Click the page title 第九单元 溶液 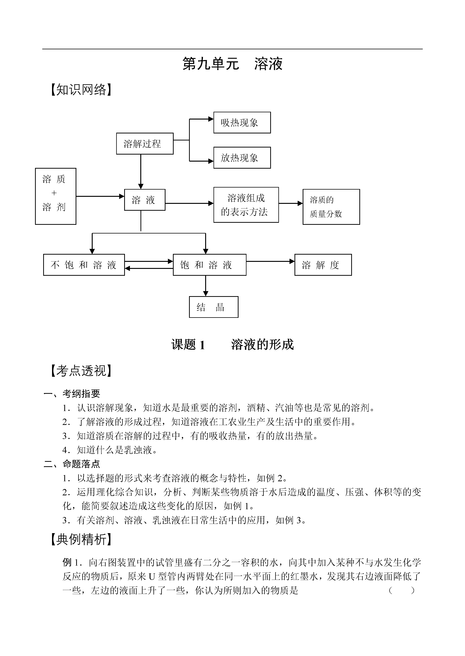click(232, 64)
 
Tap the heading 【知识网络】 click(81, 90)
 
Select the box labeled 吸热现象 click(242, 122)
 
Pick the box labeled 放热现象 click(242, 158)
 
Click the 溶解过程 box click(145, 144)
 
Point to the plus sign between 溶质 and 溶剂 click(54, 193)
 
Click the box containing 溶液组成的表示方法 click(246, 205)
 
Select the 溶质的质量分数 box click(331, 207)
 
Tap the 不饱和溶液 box click(84, 265)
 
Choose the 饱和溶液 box click(210, 265)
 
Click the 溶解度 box click(323, 265)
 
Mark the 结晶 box click(214, 307)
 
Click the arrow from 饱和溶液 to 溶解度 click(270, 261)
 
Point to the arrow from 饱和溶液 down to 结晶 click(206, 286)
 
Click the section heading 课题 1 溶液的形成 click(232, 344)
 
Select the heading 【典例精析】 click(81, 539)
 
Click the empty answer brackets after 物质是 click(401, 590)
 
